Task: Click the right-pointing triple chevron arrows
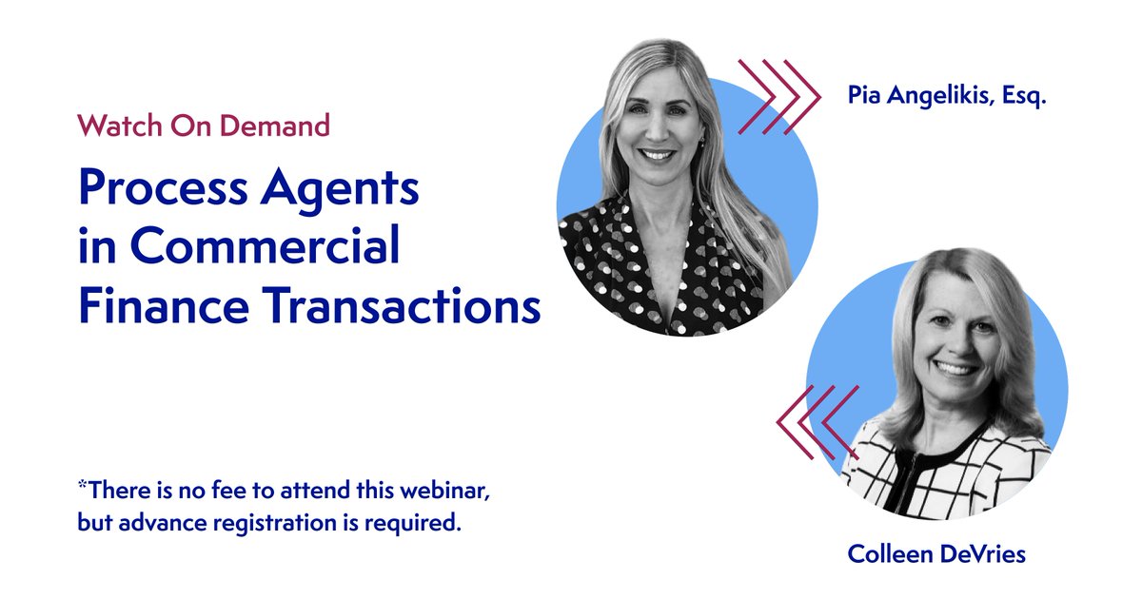[x=778, y=96]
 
